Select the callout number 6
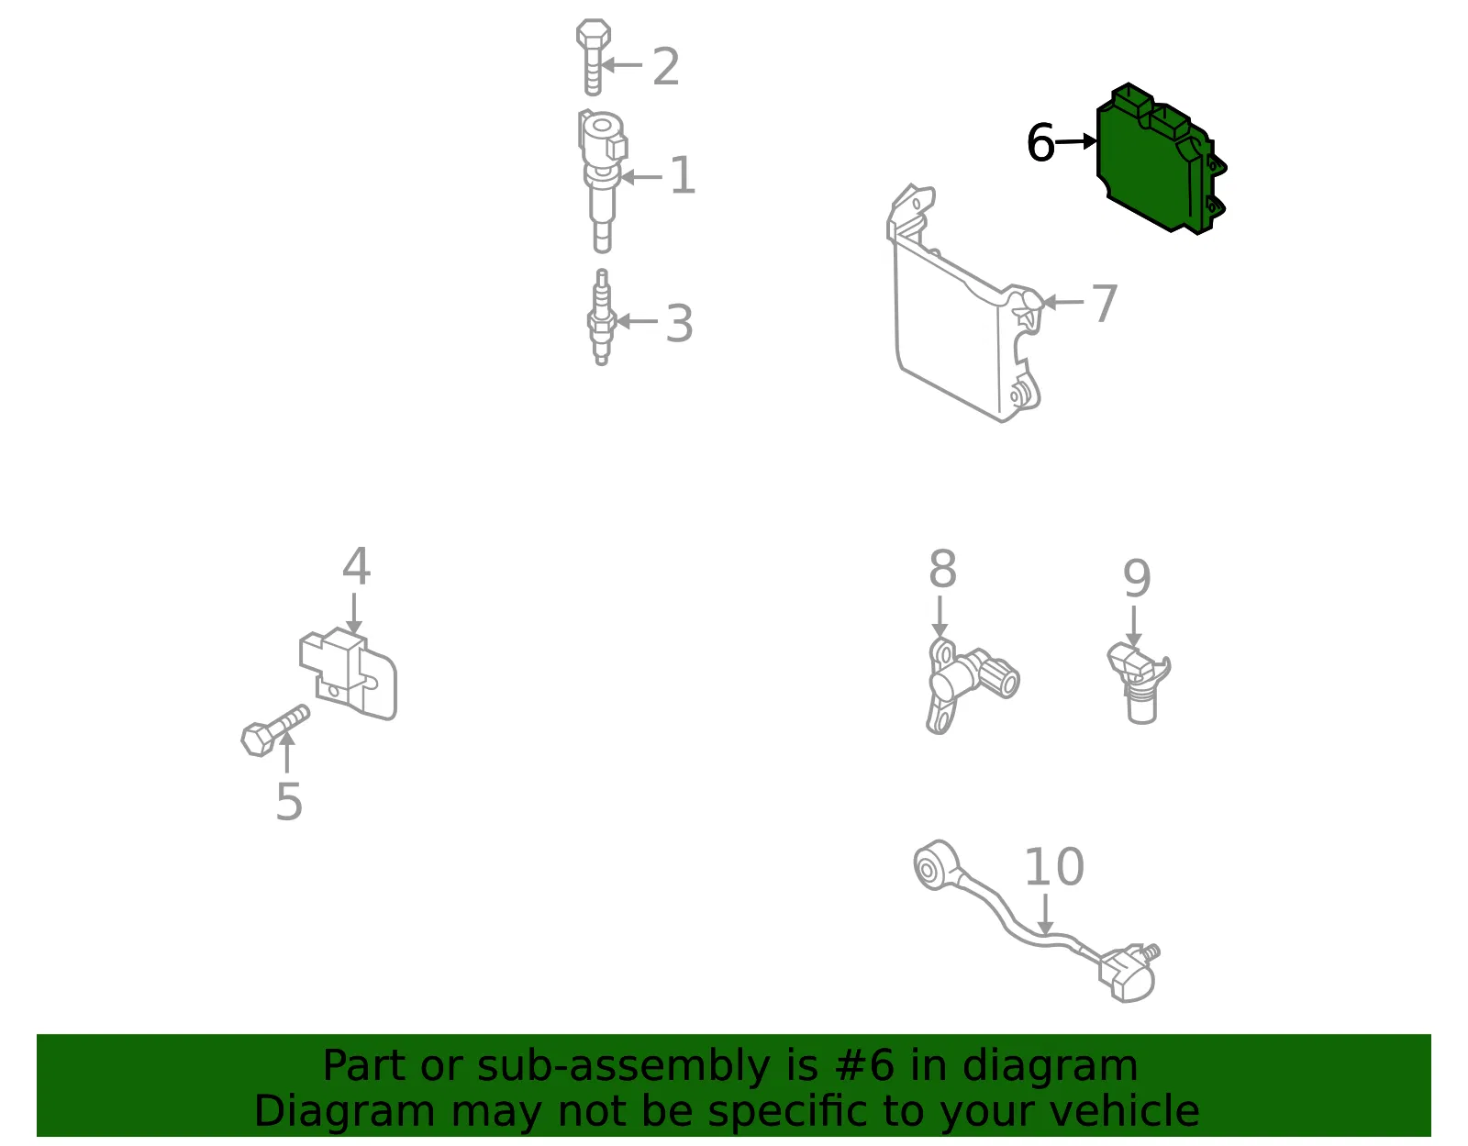[1040, 142]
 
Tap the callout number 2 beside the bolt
[666, 66]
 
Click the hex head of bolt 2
[593, 34]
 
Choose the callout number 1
[683, 175]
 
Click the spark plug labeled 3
[601, 317]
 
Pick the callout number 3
[679, 323]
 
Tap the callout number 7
[1105, 303]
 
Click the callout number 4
[356, 566]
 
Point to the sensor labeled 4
[348, 673]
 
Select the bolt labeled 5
[275, 730]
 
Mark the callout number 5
[289, 802]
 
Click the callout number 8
[942, 569]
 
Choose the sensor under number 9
[1139, 684]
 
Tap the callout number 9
[1136, 578]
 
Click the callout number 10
[1054, 867]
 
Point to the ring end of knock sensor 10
[936, 864]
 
